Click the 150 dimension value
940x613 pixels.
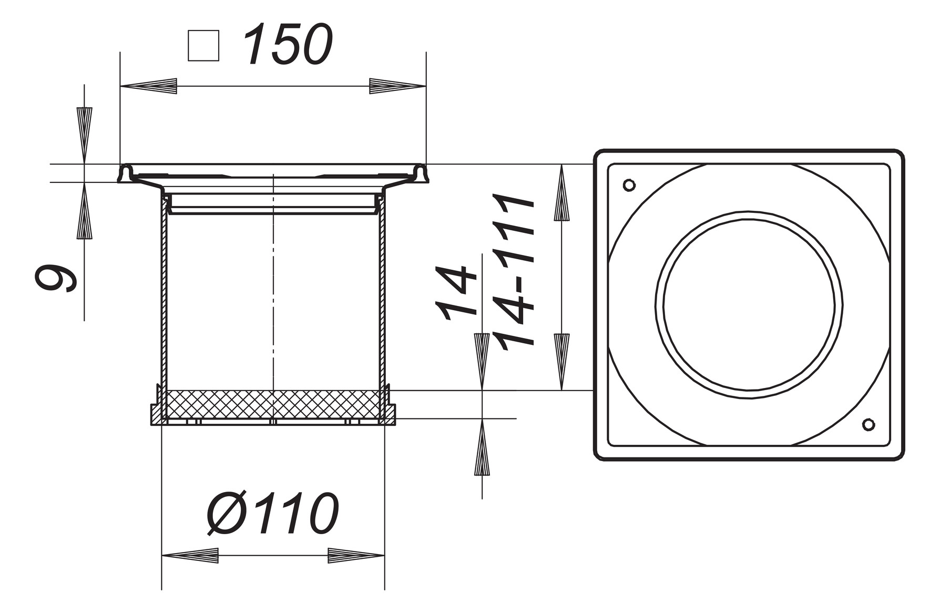[289, 45]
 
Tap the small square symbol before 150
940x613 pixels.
[203, 46]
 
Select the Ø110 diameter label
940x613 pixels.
[273, 513]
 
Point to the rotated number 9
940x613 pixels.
[56, 277]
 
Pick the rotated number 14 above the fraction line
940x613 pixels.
[455, 293]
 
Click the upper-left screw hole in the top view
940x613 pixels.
[629, 185]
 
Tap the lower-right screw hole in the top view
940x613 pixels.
[869, 424]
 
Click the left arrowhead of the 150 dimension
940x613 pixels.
[149, 86]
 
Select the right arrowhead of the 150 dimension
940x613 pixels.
[397, 86]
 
